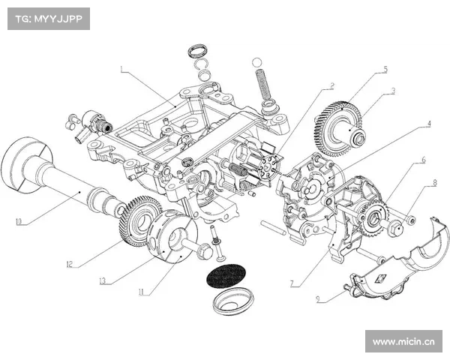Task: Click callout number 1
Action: point(122,69)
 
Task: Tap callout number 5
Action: point(385,69)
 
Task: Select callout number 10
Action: point(19,222)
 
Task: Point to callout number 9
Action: point(318,298)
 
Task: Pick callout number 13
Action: point(103,280)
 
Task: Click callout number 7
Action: point(292,283)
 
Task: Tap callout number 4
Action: point(429,124)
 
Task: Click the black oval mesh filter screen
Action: point(226,275)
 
